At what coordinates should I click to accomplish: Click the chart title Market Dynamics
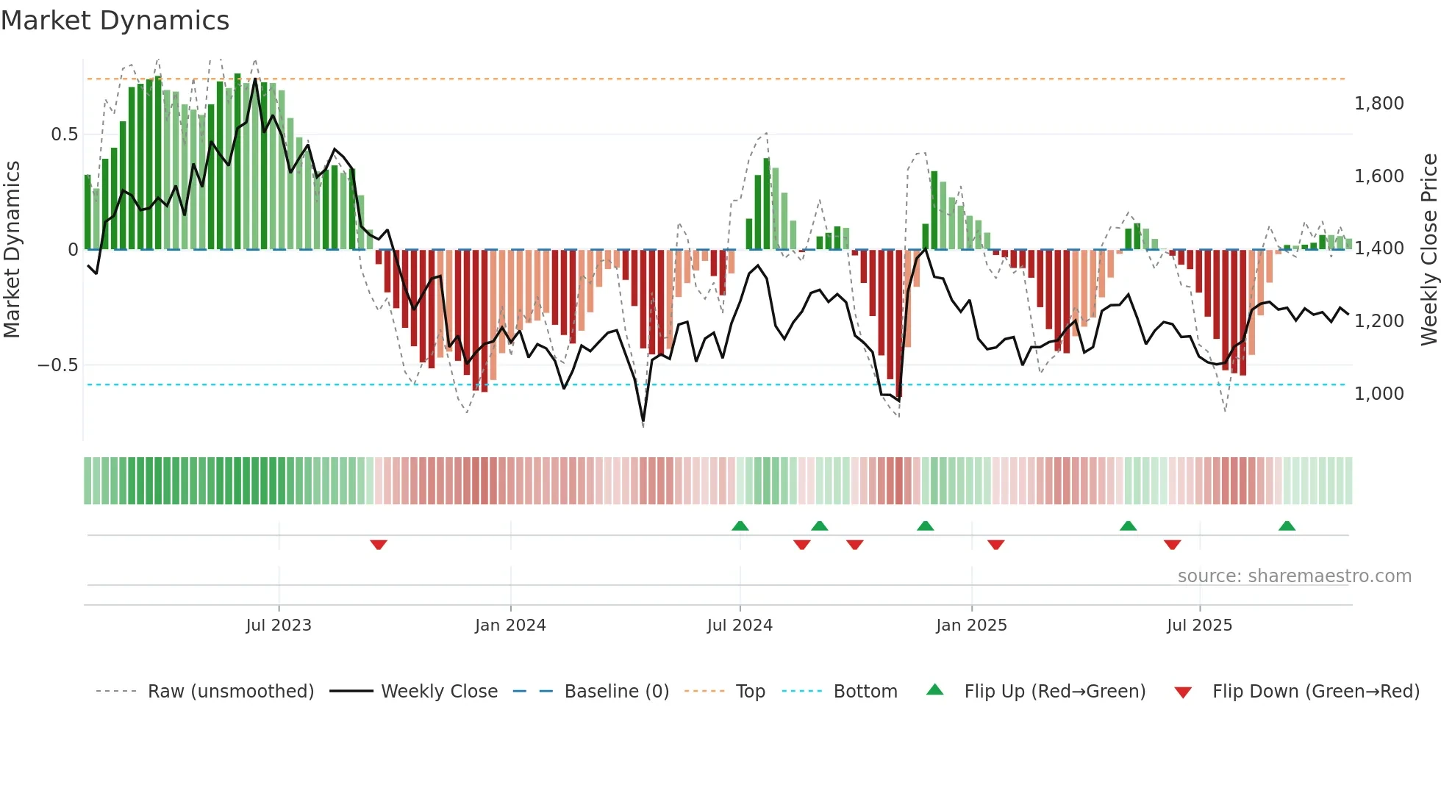[115, 21]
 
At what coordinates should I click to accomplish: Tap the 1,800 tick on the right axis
[1379, 104]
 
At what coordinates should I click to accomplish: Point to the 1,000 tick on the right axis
[1379, 394]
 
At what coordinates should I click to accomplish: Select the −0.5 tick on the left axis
[57, 365]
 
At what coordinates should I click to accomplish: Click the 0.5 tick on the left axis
[64, 135]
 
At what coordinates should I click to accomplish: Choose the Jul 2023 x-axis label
[279, 626]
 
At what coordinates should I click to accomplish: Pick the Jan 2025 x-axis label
[971, 626]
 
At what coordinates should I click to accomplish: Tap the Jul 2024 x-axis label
[740, 626]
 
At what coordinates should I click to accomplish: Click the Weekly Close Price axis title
[1429, 249]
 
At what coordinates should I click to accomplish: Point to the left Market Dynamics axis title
[12, 249]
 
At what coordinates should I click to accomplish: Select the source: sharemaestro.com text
[1294, 576]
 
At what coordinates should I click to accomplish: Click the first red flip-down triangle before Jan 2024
[379, 545]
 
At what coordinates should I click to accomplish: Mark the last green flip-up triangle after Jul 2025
[1287, 526]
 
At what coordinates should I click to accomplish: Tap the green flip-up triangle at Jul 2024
[740, 526]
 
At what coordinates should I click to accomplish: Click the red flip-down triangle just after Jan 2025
[996, 545]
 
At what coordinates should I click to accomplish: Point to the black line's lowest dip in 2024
[643, 421]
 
